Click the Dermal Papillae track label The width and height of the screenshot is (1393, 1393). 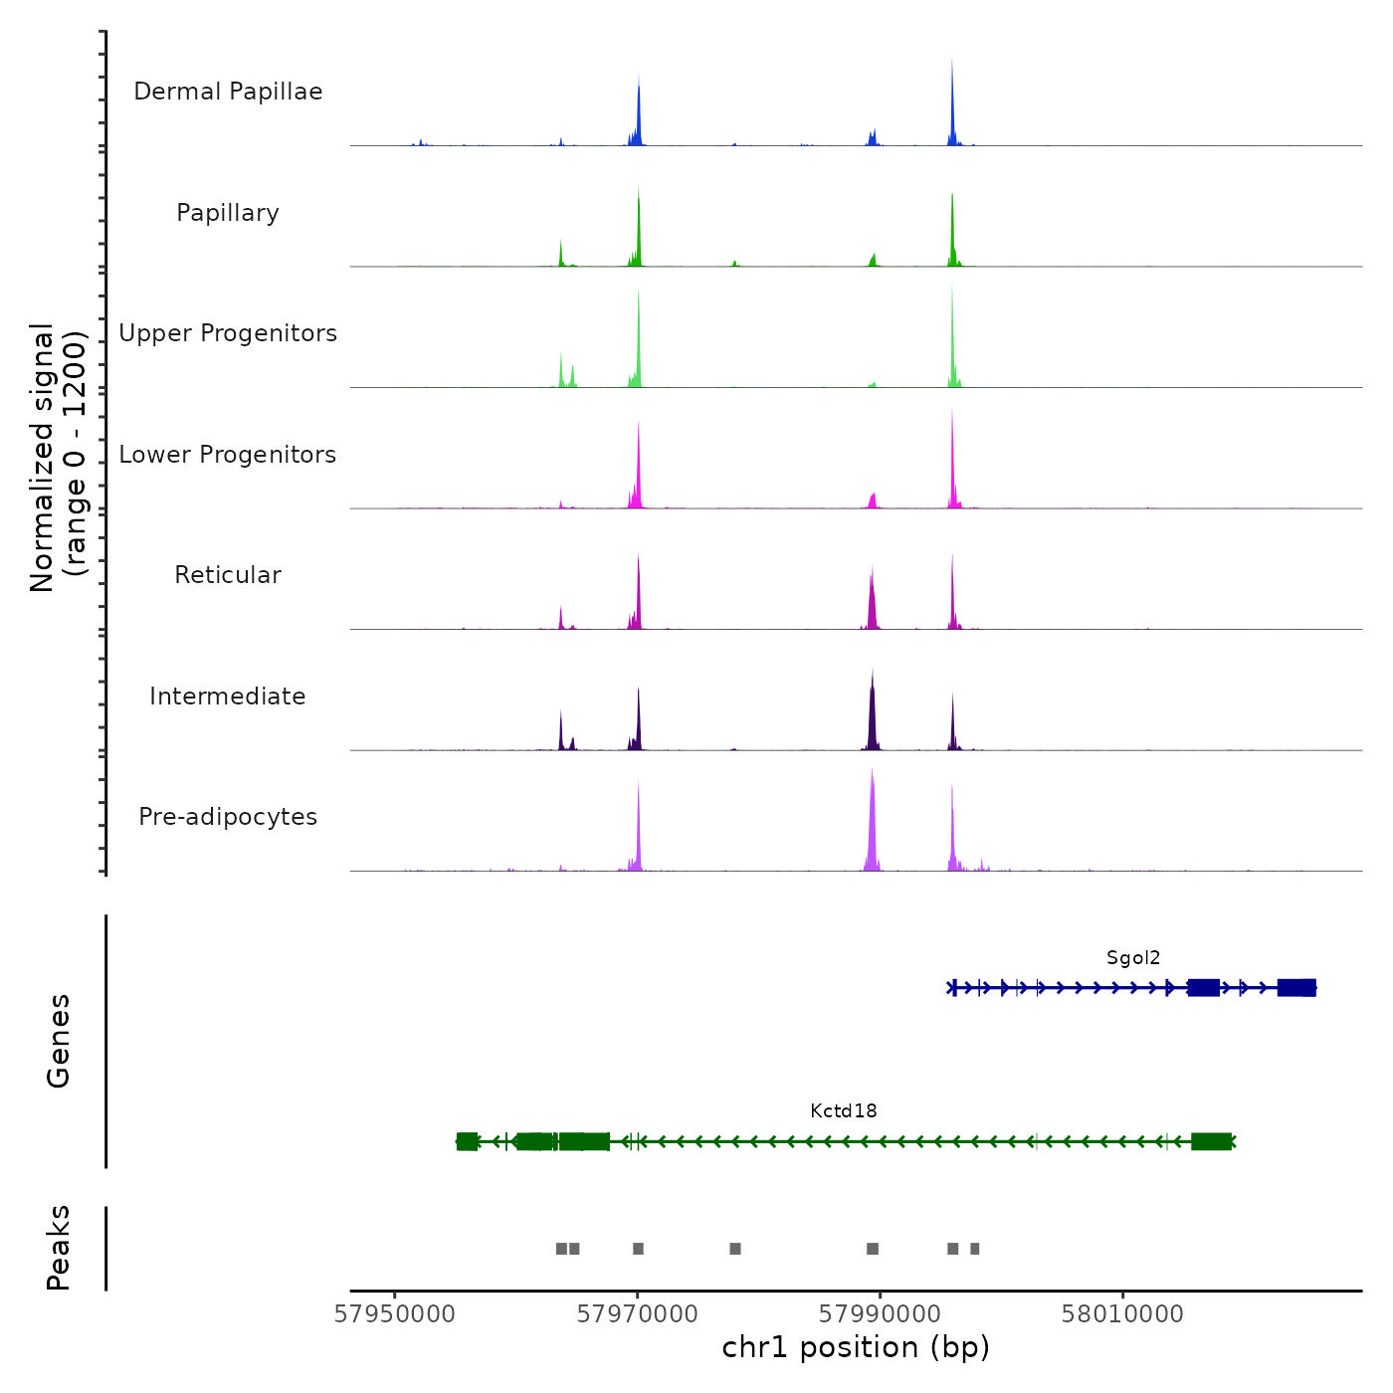click(x=228, y=92)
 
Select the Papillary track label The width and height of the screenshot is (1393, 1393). click(x=228, y=213)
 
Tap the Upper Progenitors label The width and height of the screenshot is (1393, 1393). click(x=228, y=333)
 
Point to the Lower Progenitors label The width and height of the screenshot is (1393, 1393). click(x=228, y=455)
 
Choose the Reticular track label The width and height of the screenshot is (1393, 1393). click(x=228, y=575)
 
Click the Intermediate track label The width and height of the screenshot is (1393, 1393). click(x=228, y=696)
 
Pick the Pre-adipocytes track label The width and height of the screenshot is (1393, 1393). click(x=228, y=817)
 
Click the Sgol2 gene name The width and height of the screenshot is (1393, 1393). click(x=1133, y=958)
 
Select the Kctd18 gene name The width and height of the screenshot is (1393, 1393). click(x=844, y=1111)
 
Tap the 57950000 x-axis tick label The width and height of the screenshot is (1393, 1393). click(x=395, y=1314)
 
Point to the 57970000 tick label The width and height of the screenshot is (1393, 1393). click(x=638, y=1314)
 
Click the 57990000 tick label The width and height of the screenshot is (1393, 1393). click(x=880, y=1314)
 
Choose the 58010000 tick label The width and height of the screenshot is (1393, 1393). click(x=1122, y=1314)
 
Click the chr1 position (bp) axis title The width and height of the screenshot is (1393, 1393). click(x=856, y=1348)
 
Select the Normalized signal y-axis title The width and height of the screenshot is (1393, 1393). click(x=58, y=458)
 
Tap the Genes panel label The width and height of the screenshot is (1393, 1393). click(x=58, y=1041)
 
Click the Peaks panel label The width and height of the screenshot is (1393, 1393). click(x=58, y=1248)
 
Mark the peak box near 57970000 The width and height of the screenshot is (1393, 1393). click(x=638, y=1249)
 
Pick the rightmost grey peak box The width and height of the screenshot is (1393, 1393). click(x=975, y=1249)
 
